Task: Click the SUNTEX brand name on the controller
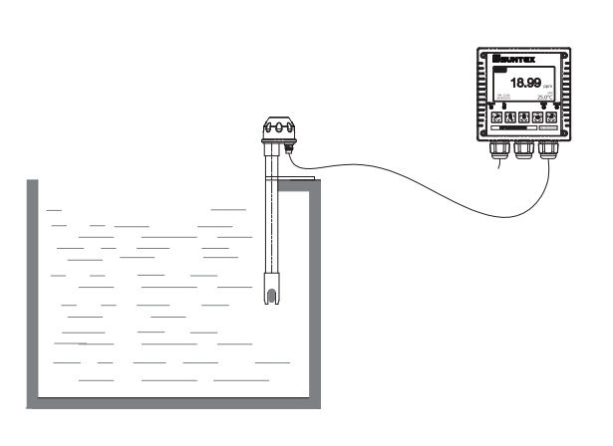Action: coord(517,62)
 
